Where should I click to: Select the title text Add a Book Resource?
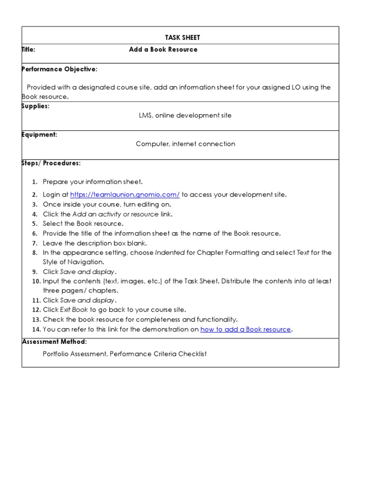tap(163, 49)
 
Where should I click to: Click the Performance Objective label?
tap(59, 69)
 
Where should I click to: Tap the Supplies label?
tap(36, 106)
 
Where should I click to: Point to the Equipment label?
tap(39, 135)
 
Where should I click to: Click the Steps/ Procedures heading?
tap(51, 163)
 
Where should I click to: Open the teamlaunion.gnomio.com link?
tap(125, 195)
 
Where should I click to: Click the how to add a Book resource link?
tap(246, 329)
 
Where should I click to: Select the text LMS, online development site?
tap(185, 116)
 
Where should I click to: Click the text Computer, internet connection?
tap(185, 144)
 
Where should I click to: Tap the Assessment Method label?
tap(55, 341)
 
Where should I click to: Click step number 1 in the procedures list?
tap(35, 182)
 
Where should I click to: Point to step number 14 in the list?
tap(37, 329)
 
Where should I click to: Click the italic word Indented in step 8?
tap(170, 253)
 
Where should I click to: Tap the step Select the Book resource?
tap(83, 224)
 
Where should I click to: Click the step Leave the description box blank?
tap(95, 243)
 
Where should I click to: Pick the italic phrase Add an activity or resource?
tap(115, 214)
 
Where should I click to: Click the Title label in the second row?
tap(29, 49)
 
